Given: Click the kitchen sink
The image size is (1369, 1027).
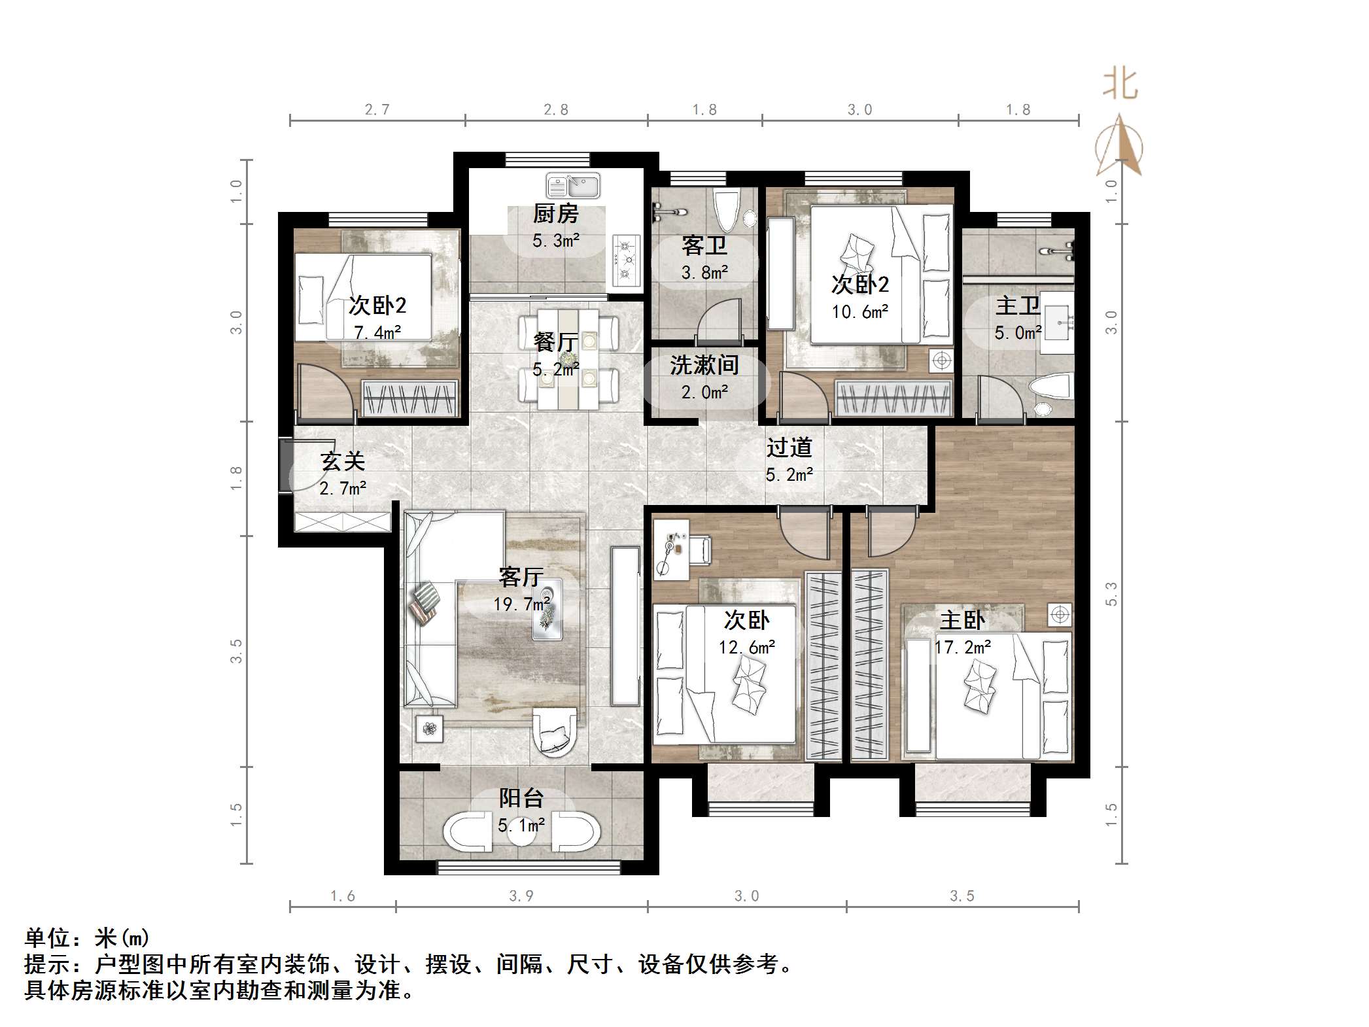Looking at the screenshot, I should tap(573, 186).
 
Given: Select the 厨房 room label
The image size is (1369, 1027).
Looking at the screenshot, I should tap(555, 214).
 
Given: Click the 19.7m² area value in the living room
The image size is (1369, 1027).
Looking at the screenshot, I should tap(521, 604).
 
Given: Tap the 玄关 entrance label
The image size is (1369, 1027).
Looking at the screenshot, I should tap(342, 462).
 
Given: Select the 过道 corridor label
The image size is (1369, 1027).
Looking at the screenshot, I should tap(789, 447).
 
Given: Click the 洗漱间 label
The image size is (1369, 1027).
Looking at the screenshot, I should tap(704, 366).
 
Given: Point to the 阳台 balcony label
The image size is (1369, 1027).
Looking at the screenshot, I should tap(521, 798).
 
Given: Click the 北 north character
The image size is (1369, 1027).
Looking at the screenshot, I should tap(1120, 85).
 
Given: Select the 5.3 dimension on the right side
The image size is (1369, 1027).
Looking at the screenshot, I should tap(1111, 593).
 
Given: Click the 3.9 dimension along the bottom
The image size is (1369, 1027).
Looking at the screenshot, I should tap(521, 896).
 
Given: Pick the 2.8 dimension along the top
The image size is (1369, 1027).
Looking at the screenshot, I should tap(556, 110).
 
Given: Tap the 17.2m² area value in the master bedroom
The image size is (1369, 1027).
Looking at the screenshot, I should tap(963, 648).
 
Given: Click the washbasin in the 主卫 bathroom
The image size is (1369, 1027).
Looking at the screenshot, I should tap(1057, 323).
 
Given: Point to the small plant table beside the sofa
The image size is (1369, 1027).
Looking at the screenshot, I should tap(429, 728).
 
